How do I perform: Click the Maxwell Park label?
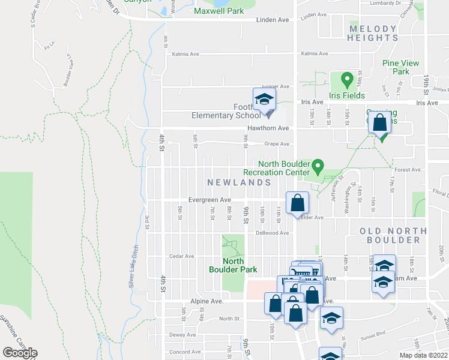coord(218,11)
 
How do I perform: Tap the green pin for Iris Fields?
coord(346,79)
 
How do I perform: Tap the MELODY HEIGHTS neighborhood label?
coord(373,33)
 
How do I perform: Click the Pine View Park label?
coord(396,67)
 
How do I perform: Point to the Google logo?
coord(20,353)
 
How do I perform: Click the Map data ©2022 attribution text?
coord(424,355)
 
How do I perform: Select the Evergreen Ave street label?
coord(209,200)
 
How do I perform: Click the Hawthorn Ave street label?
coord(268,128)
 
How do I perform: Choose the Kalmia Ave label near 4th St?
coord(185,54)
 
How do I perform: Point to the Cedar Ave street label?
coord(181,256)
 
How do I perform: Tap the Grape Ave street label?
coord(277,144)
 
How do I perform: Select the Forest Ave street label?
coord(408,170)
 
